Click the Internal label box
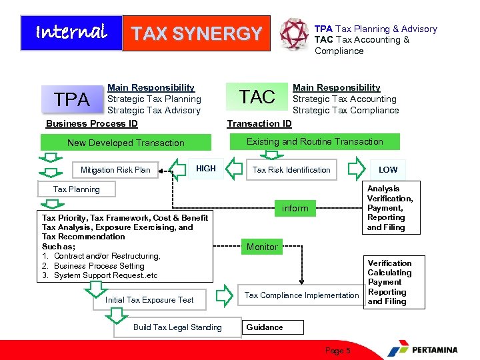(71, 33)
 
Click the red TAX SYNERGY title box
(197, 33)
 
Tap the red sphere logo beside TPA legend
(294, 33)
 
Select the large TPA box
(71, 99)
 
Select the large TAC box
(257, 97)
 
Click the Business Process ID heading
(92, 123)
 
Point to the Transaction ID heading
(259, 123)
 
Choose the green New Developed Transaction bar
(126, 143)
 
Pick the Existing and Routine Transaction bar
(315, 142)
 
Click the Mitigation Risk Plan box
(115, 170)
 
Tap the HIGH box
(206, 169)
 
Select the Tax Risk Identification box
(291, 170)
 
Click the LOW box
(388, 170)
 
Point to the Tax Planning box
(77, 189)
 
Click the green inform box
(295, 209)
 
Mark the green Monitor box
(262, 247)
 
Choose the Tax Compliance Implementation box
(301, 295)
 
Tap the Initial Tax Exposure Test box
(149, 300)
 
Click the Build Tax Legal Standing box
(177, 327)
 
